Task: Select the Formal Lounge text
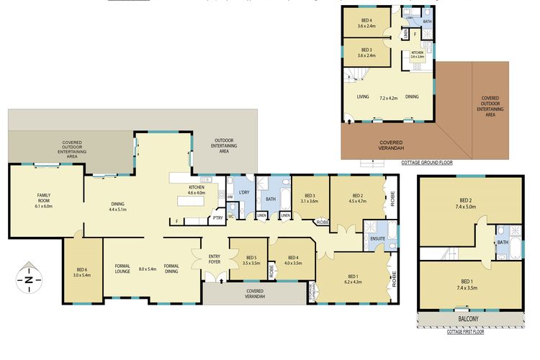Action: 122,269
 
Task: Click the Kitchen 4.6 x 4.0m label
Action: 197,190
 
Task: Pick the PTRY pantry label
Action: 217,219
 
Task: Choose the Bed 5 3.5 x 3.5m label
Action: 251,261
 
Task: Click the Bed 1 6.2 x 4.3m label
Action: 353,279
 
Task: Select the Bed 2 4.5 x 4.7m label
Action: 357,199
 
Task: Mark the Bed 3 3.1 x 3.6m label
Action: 310,198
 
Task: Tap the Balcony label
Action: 471,318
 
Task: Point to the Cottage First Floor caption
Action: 471,332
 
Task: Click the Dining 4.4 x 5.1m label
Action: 117,206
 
